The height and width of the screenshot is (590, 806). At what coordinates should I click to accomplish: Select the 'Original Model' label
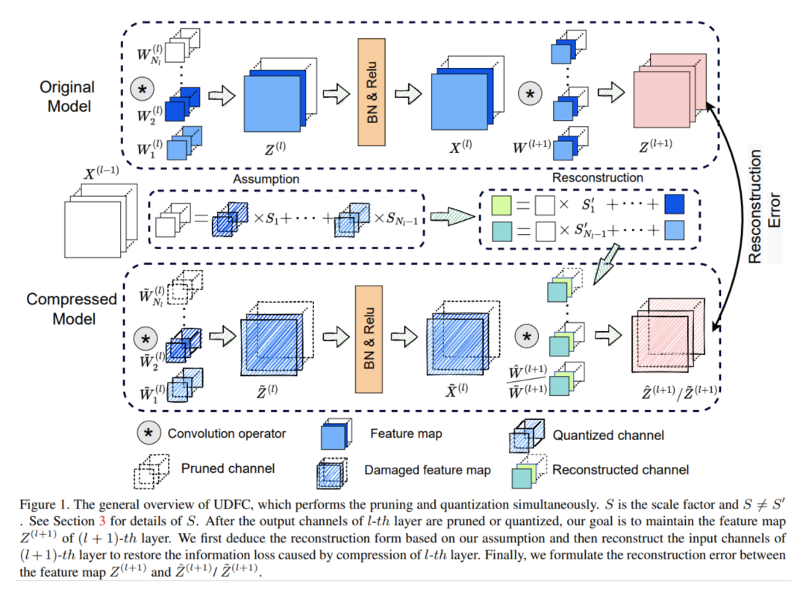(66, 97)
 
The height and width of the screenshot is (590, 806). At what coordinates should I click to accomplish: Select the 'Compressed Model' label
(72, 309)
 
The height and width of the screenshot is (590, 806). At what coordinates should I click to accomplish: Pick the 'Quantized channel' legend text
(608, 435)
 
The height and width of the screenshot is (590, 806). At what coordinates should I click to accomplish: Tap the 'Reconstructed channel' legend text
(620, 469)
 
